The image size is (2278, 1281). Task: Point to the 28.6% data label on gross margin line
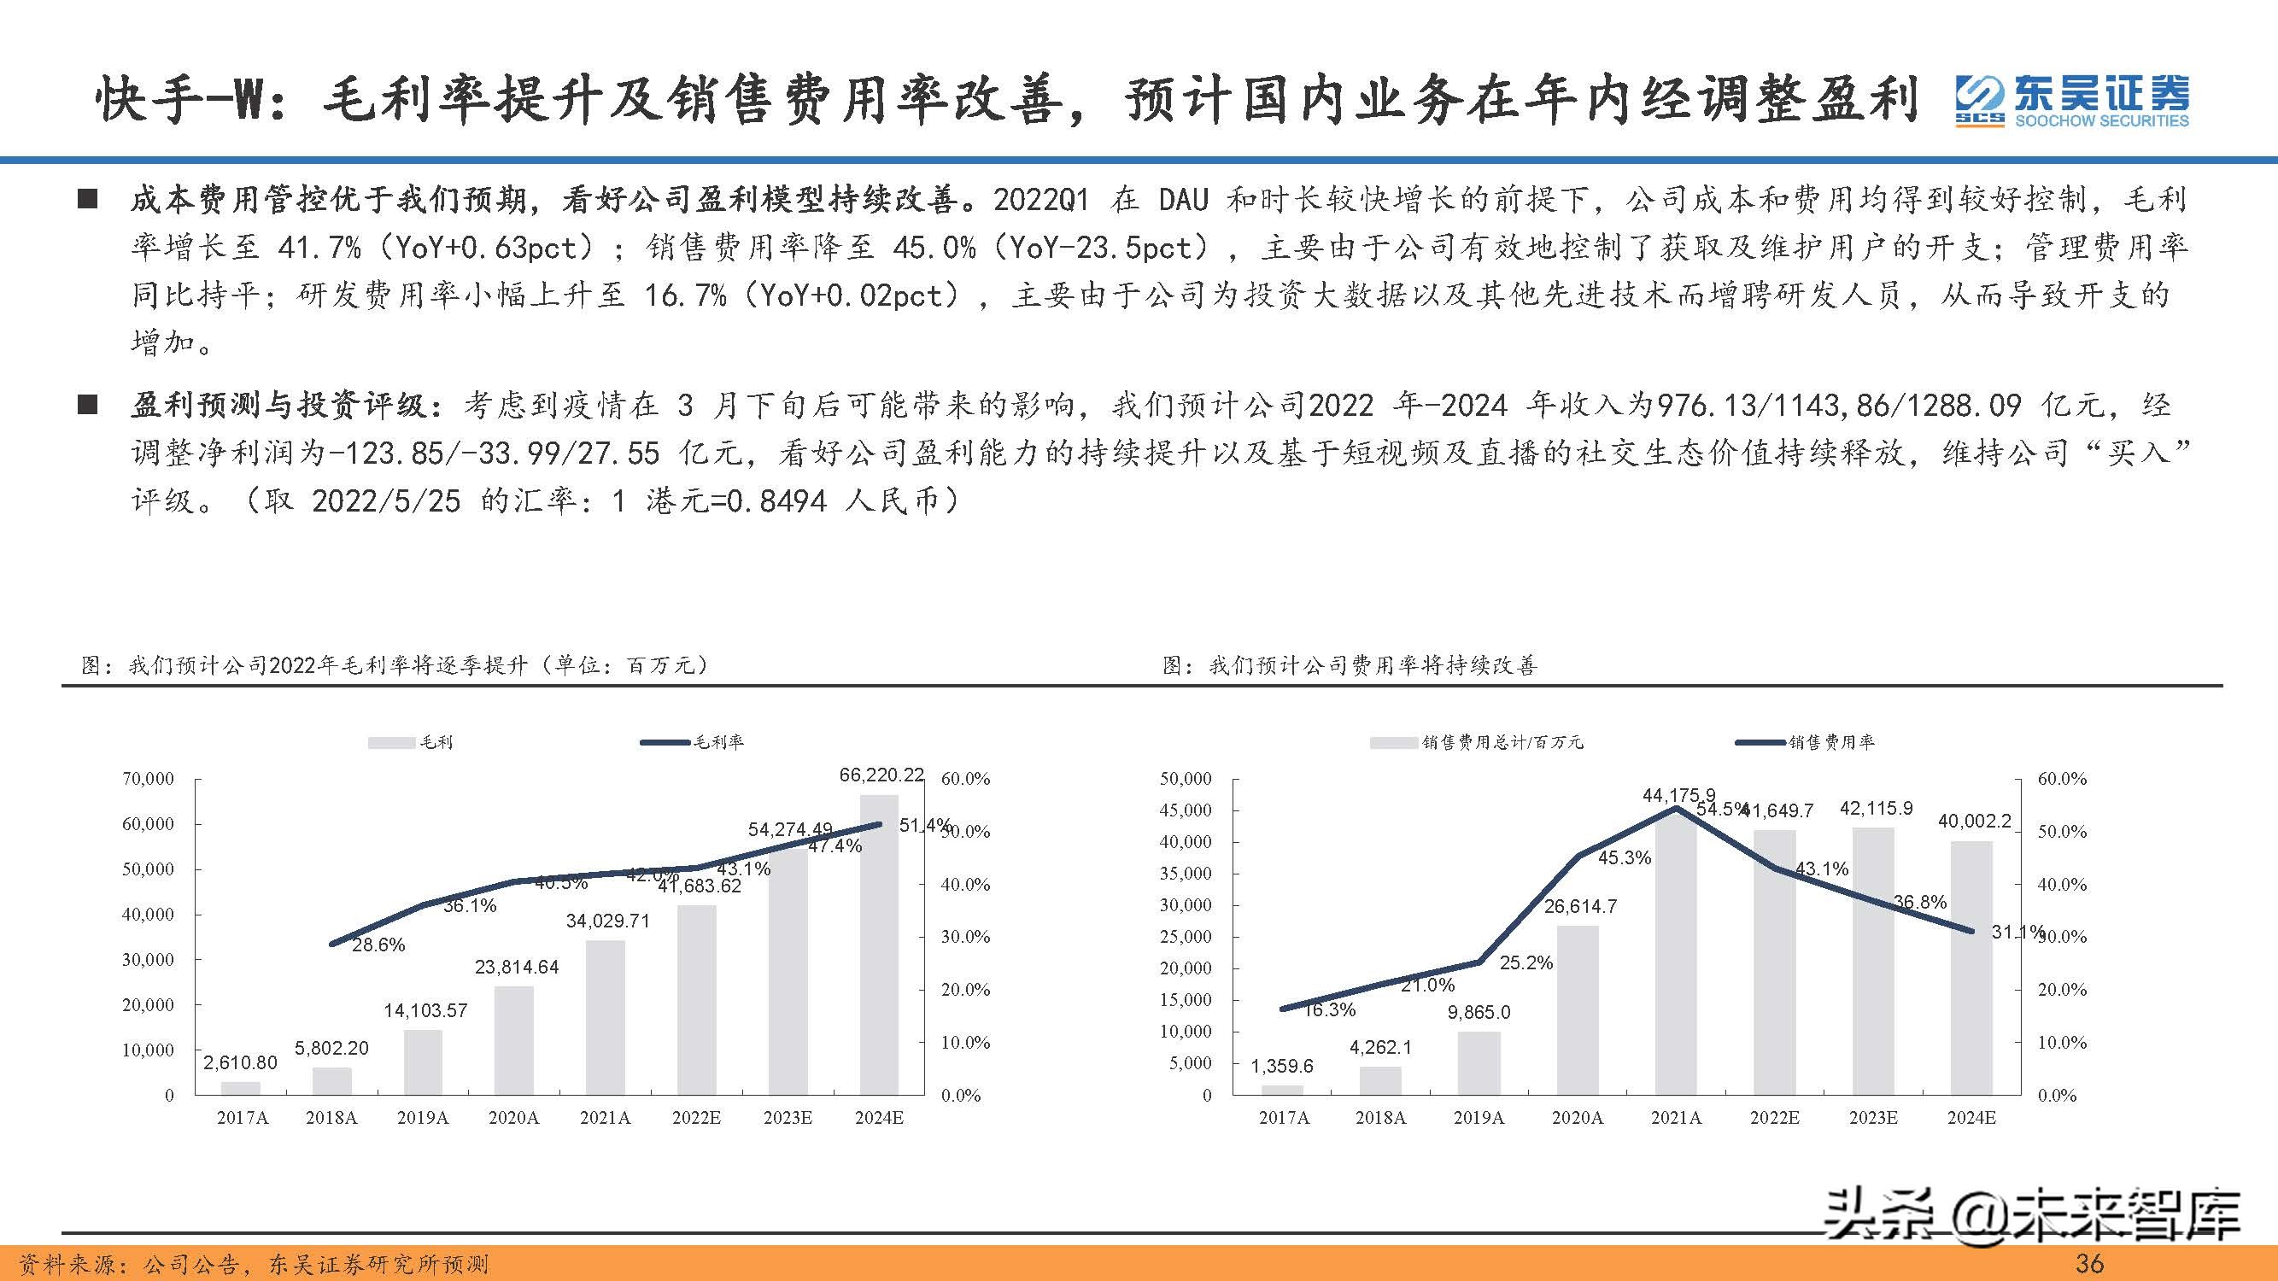click(378, 945)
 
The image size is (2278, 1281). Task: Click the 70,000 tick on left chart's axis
click(148, 779)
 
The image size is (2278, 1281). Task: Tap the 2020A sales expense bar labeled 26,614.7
click(1578, 1009)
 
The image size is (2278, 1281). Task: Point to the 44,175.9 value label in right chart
click(1678, 796)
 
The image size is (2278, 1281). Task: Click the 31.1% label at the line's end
click(2017, 932)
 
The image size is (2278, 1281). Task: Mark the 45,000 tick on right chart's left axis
click(1185, 810)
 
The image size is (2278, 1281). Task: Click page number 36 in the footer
click(2088, 1263)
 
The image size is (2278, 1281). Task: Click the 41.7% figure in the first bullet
click(319, 249)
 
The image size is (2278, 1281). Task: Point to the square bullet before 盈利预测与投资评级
click(86, 405)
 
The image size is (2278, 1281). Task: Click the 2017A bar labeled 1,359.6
click(1282, 1089)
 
